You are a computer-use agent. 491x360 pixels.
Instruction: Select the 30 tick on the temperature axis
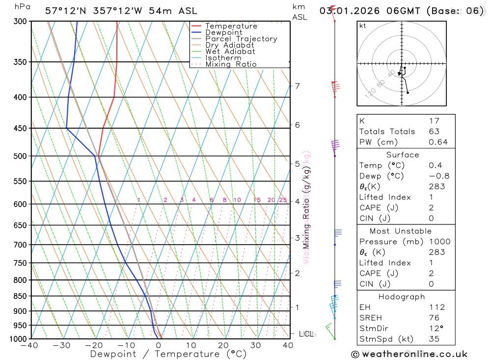click(255, 345)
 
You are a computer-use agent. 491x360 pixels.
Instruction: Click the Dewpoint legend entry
click(223, 32)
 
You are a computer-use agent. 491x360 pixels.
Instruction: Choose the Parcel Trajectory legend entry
click(241, 39)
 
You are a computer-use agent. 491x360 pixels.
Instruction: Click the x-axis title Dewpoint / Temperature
click(168, 354)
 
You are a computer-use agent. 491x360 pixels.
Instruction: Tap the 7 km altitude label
click(297, 86)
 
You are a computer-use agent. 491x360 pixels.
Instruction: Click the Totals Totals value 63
click(434, 131)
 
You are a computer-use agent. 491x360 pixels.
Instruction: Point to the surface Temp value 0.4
click(435, 166)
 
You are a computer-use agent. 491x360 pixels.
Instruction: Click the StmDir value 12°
click(435, 329)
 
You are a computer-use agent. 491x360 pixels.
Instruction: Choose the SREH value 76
click(434, 318)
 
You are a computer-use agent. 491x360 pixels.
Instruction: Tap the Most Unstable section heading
click(408, 231)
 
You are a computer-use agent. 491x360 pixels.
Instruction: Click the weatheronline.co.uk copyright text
click(409, 354)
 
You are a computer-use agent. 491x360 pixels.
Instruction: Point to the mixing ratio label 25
click(283, 200)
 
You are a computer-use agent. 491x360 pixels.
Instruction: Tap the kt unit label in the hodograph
click(362, 26)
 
